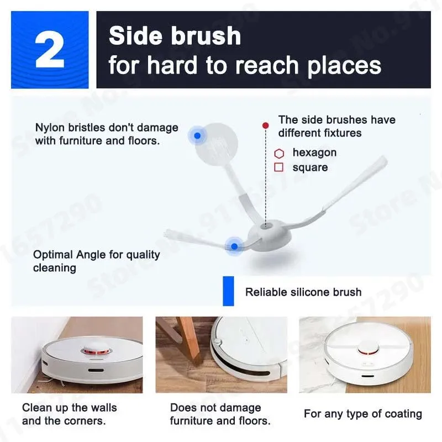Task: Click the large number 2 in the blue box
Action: pos(49,49)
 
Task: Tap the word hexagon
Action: pos(314,152)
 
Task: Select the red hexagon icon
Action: pos(279,153)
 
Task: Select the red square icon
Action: pos(279,167)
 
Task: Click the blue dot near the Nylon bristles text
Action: pos(197,135)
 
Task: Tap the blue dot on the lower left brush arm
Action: pos(234,246)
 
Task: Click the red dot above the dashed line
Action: pos(265,126)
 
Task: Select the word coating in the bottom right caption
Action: pos(401,413)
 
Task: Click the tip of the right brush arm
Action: pos(383,159)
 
